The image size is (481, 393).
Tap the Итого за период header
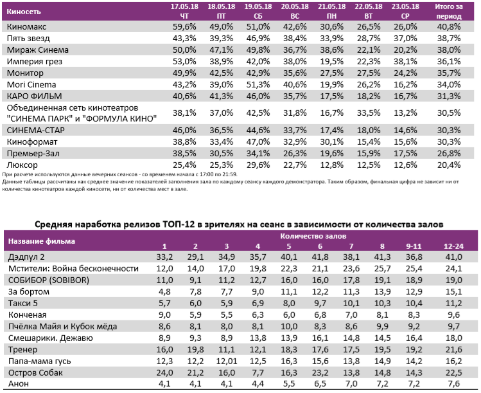point(448,10)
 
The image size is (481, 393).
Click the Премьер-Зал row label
point(35,153)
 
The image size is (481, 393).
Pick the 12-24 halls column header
point(453,246)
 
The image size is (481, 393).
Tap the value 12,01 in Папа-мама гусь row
point(226,361)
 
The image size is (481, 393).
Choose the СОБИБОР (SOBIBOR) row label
point(48,280)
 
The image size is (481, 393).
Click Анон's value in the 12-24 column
point(453,384)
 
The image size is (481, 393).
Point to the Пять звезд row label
point(27,39)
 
